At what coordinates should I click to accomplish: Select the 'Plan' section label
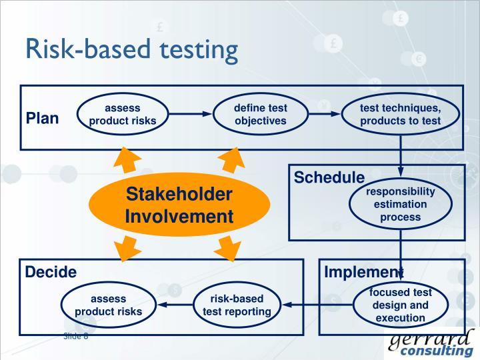point(43,119)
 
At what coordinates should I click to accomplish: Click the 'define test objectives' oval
point(260,114)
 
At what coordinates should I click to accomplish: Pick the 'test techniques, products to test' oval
point(400,114)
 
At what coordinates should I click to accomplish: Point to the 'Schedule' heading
point(329,178)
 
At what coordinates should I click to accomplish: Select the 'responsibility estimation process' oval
point(401,204)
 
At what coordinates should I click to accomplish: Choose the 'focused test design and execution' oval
point(401,305)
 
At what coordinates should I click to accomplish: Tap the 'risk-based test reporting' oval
point(237,305)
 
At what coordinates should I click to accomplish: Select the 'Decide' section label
point(51,272)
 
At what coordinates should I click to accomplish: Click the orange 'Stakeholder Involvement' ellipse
point(179,205)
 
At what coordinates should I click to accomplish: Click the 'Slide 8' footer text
point(75,336)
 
